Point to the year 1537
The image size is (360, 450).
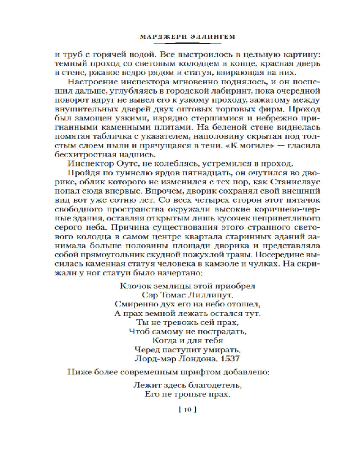click(230, 358)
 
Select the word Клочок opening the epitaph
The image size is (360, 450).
click(135, 286)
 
